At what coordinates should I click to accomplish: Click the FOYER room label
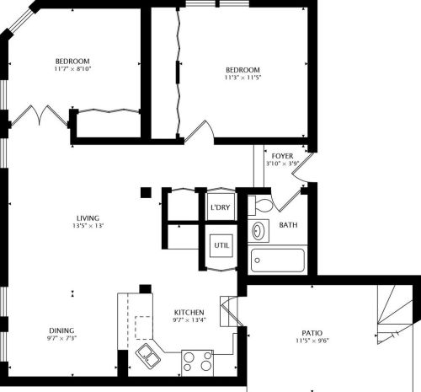282,155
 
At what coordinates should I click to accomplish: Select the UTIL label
221,245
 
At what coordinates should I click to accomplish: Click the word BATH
288,225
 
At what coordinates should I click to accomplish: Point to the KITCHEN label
189,311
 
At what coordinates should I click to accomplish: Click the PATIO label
316,332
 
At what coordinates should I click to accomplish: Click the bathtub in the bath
279,261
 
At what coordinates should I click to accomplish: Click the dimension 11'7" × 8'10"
72,70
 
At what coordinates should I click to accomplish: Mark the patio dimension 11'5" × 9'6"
316,341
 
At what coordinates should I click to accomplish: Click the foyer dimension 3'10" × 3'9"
282,164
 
